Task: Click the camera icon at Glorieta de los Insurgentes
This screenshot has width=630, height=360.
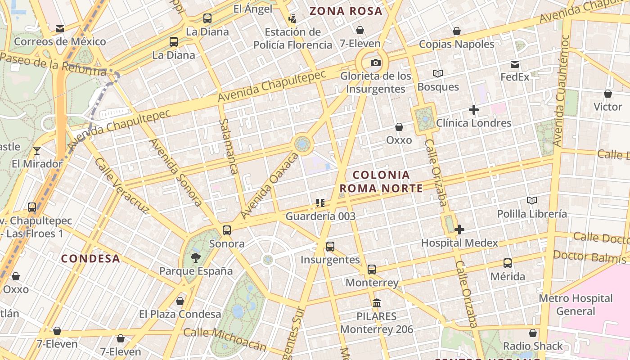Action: [376, 63]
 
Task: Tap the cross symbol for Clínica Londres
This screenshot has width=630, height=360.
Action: [473, 110]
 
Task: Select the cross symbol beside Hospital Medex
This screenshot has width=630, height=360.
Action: [459, 230]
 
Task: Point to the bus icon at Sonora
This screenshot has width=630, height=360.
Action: [227, 230]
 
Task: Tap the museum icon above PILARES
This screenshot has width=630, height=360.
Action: [377, 303]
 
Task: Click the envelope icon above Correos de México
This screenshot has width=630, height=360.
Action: [59, 29]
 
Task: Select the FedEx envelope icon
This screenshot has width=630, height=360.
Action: [515, 64]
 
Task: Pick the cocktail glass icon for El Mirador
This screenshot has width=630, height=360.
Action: [37, 151]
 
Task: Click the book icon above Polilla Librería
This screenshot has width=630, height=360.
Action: [532, 201]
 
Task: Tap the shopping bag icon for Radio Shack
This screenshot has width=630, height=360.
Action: [533, 333]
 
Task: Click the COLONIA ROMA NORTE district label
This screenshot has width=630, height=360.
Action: [381, 181]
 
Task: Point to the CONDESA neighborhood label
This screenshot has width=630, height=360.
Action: [90, 259]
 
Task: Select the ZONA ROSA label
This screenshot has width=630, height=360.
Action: [346, 11]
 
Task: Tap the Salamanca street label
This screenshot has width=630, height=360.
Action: [229, 146]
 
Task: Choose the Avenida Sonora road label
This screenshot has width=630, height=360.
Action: [175, 172]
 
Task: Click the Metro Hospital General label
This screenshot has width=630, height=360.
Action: [576, 305]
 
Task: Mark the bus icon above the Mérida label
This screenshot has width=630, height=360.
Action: [508, 263]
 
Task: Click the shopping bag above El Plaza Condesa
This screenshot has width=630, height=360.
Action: [180, 301]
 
